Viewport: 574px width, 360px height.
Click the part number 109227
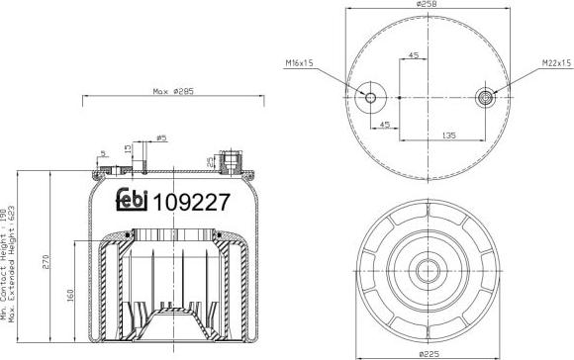[191, 202]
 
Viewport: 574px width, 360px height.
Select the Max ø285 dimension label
[171, 92]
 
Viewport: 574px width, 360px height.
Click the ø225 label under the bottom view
[429, 354]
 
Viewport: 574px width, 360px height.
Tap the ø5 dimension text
[161, 138]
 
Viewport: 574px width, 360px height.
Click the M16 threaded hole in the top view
[371, 98]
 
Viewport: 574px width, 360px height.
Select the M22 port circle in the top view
[486, 97]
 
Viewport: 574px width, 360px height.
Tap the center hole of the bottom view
[429, 270]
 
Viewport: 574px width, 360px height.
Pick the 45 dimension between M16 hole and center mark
[385, 125]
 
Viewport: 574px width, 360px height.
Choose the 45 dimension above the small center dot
[413, 55]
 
